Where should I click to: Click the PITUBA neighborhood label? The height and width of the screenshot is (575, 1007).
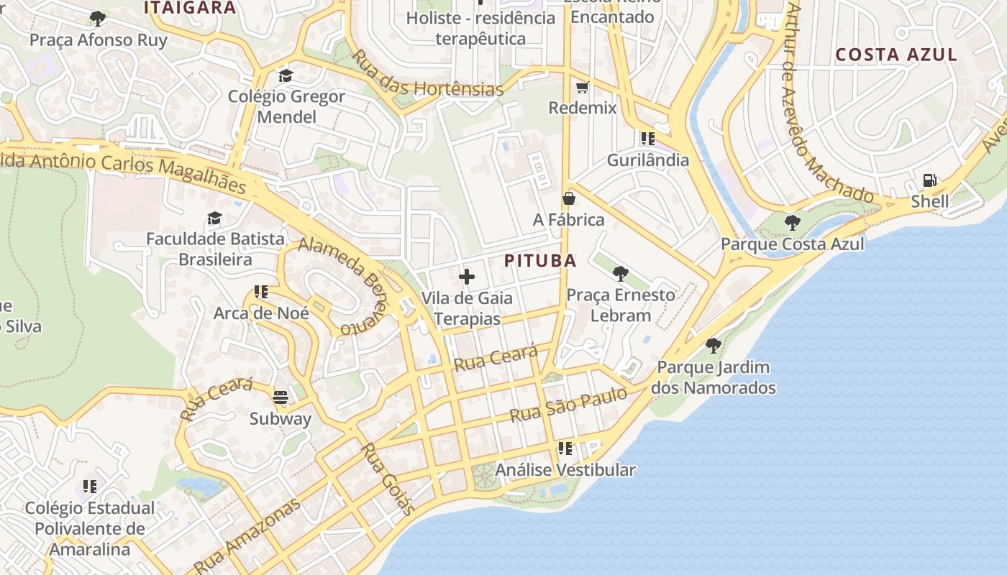pos(540,261)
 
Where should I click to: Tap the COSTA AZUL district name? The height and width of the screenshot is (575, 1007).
pos(896,55)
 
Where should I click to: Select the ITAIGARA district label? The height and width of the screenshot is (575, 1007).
pos(190,8)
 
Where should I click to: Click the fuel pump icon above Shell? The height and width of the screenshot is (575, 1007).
pos(929,180)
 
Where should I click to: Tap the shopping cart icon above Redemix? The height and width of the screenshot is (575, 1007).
pos(582,87)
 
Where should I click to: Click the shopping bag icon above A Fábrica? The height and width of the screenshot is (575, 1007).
pos(569,198)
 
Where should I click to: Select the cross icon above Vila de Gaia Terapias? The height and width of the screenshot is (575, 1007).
pos(467,276)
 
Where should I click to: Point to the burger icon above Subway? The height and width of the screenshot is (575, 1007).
pos(281,397)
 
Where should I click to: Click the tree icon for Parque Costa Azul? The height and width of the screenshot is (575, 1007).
pos(792,222)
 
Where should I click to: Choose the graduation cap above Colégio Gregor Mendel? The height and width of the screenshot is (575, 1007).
pos(286,75)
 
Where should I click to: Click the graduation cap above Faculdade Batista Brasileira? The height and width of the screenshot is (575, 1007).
pos(214,218)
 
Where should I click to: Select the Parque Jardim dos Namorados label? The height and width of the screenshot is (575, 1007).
pos(713,377)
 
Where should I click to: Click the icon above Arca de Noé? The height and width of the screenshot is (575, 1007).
pos(260,292)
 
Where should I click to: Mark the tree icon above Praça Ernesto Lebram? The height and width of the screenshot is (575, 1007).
pos(620,274)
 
